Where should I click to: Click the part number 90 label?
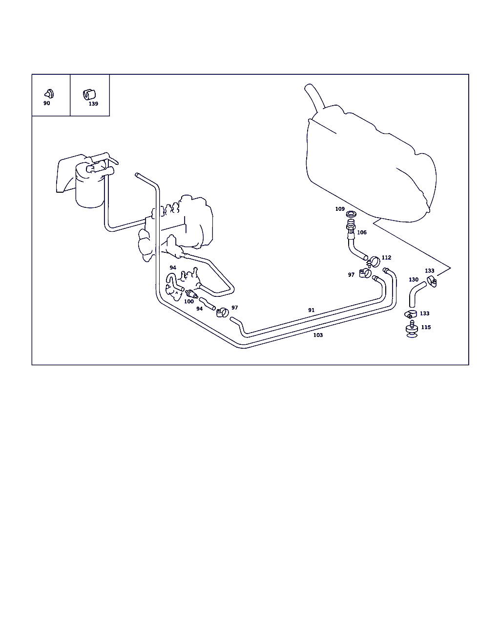pos(46,103)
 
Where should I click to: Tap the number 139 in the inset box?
pos(93,104)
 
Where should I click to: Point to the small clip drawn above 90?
pos(49,94)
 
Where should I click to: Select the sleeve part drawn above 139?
pos(89,94)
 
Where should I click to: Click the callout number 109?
pos(340,209)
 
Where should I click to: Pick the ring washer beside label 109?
pos(351,214)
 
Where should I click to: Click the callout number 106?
pos(362,232)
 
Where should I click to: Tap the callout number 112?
pos(386,257)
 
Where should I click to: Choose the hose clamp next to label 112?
pos(374,262)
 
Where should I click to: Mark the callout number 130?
pos(414,280)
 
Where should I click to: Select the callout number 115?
pos(426,327)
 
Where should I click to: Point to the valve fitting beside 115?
pos(412,329)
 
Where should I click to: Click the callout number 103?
pos(318,335)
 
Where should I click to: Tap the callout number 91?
pos(311,310)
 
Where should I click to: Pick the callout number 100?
pos(189,301)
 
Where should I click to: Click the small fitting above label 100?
pos(191,294)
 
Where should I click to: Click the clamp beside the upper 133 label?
pos(432,281)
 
